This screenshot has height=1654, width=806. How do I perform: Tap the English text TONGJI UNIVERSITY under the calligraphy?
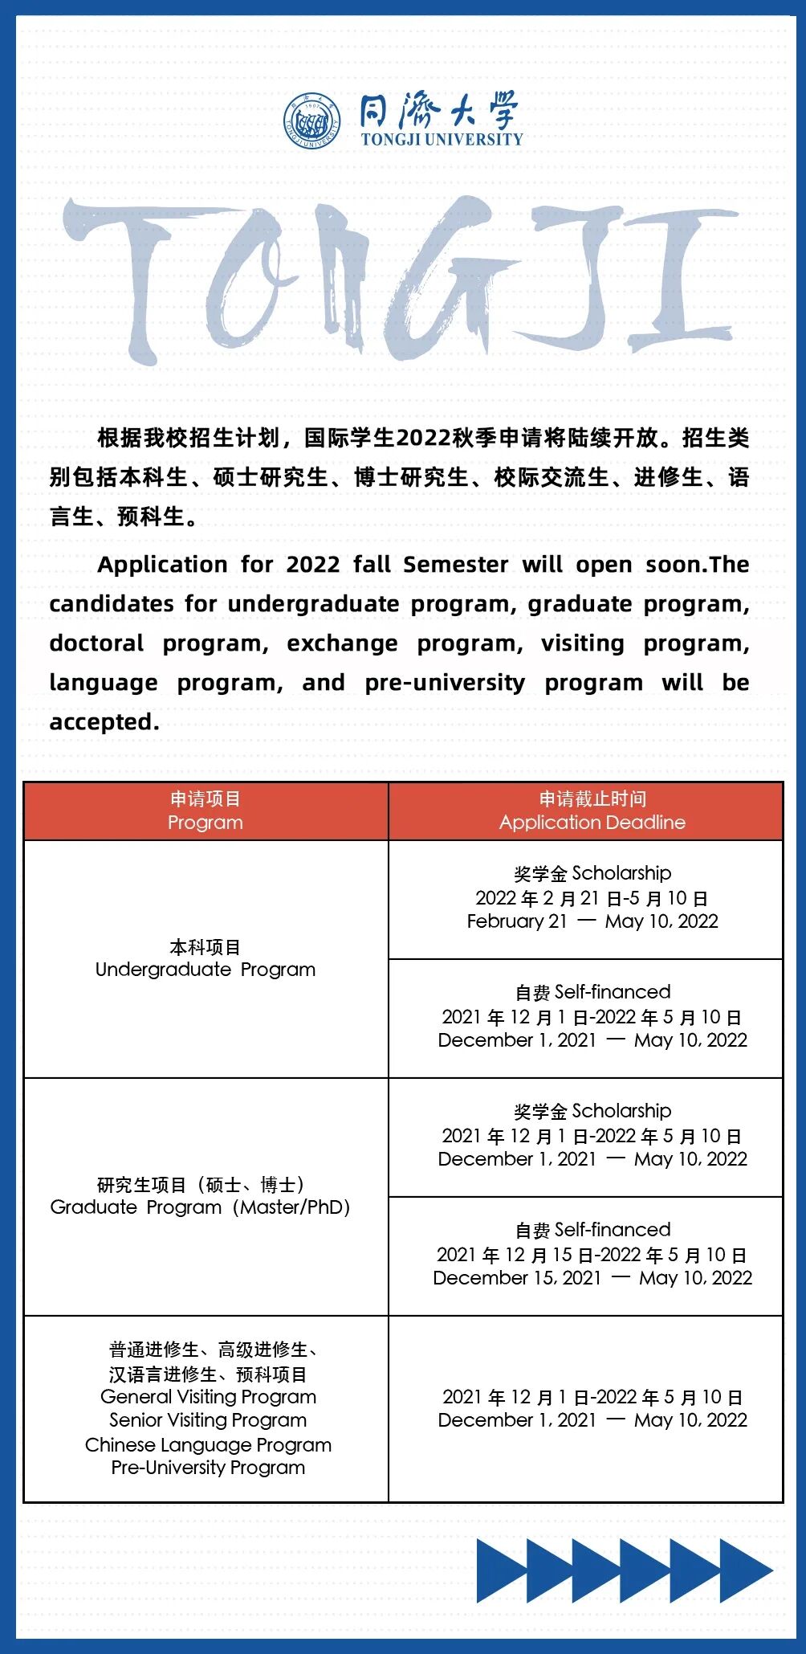[442, 139]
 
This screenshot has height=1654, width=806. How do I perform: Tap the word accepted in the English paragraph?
[104, 722]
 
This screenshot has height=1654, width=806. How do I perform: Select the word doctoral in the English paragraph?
[96, 643]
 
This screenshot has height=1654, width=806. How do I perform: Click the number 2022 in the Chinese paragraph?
[424, 439]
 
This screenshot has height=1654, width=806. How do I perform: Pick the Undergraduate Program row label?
[206, 970]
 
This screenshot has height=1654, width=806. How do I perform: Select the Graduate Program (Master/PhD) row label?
[201, 1207]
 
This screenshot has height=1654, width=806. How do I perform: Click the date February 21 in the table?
[516, 921]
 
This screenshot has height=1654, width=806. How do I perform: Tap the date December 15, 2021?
[517, 1278]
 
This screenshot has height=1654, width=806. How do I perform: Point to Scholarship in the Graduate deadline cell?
[621, 1111]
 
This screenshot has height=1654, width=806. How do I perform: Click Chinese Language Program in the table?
[208, 1444]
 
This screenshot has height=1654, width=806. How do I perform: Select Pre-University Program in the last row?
[208, 1468]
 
